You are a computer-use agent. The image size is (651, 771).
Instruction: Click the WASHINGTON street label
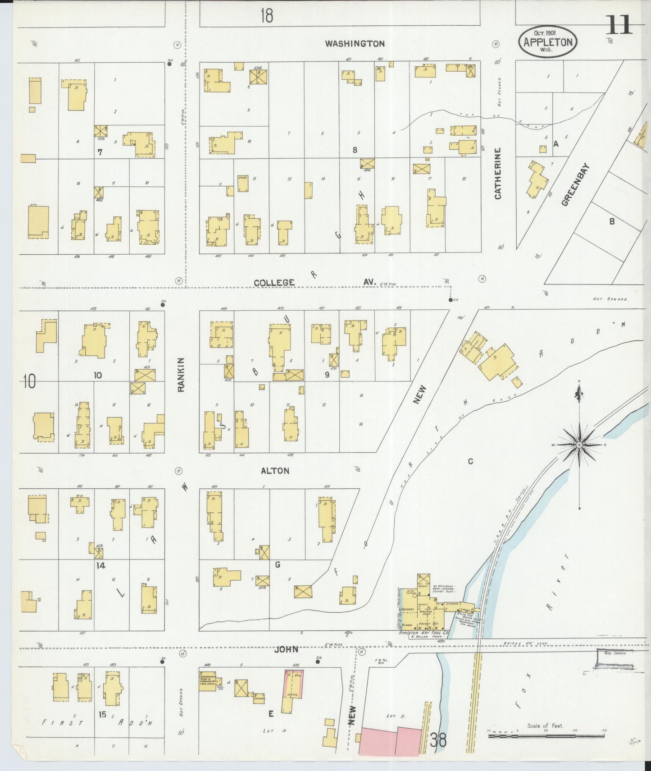tap(355, 44)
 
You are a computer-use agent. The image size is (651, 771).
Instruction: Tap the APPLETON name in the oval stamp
tap(547, 42)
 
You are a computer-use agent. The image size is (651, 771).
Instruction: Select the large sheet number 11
tap(619, 25)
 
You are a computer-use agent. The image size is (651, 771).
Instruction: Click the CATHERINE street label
tap(498, 173)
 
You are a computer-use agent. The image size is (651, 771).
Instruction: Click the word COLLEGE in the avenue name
tap(274, 283)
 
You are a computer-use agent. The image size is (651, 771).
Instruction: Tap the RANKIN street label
tap(181, 374)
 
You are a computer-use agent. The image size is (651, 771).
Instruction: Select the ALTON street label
tap(275, 471)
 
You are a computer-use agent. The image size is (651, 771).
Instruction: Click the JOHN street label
tap(287, 649)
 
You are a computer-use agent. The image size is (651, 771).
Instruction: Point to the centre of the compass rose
tap(580, 445)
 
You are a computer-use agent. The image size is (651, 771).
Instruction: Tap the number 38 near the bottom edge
tap(438, 740)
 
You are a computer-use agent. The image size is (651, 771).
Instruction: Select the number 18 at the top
tap(266, 16)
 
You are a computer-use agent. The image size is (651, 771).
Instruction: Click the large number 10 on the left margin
tap(29, 381)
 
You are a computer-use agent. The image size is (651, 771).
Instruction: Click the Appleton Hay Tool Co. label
tap(423, 633)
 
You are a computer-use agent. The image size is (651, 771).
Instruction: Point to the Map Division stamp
tap(615, 659)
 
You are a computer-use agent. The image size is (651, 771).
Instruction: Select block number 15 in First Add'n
tap(103, 714)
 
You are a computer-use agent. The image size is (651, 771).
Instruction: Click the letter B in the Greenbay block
tap(611, 221)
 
